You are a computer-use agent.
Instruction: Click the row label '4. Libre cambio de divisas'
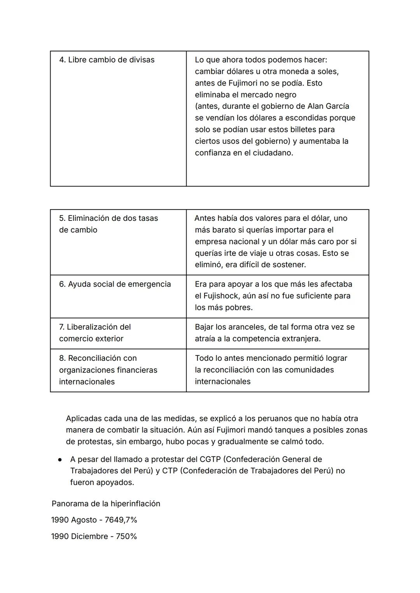(x=107, y=60)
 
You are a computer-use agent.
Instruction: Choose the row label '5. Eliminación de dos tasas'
(x=108, y=218)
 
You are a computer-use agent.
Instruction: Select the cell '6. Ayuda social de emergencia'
(x=115, y=284)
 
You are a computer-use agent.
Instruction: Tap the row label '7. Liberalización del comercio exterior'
(x=95, y=333)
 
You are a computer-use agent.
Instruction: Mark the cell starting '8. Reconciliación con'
(x=108, y=370)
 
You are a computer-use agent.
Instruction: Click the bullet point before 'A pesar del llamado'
(x=60, y=460)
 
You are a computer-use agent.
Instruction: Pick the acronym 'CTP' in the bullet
(x=170, y=471)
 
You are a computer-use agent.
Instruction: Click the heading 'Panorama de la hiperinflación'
(x=106, y=504)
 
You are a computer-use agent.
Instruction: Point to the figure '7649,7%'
(x=121, y=520)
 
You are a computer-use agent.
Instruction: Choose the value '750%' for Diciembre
(x=126, y=537)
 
